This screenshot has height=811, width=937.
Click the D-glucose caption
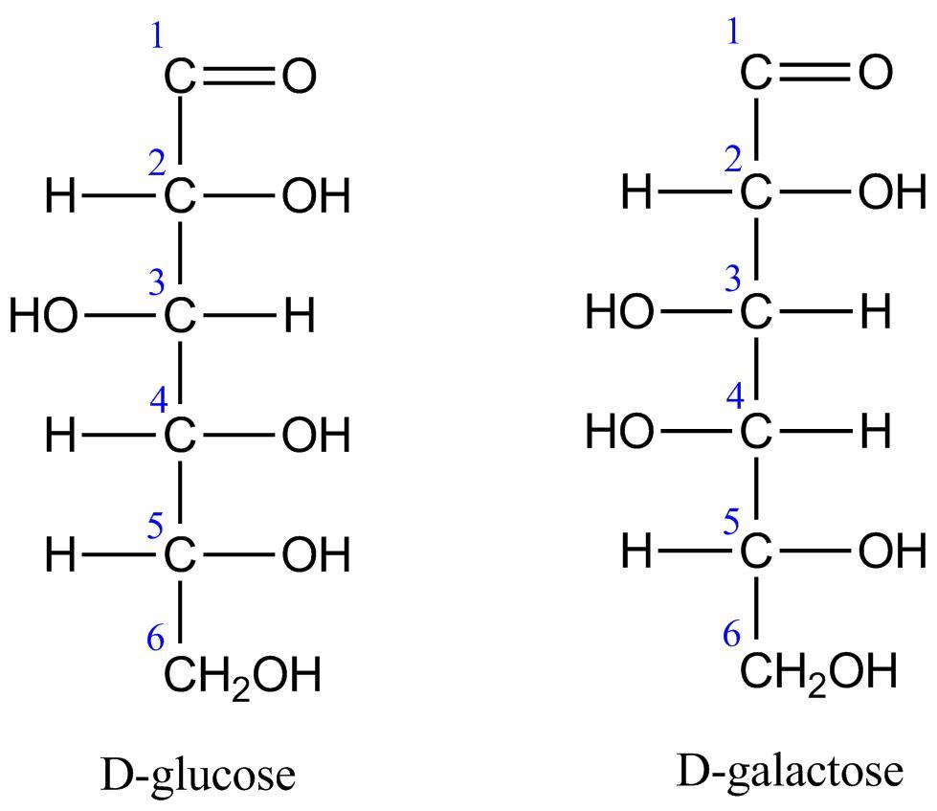coord(198,775)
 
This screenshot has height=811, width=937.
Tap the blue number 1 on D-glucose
coord(158,36)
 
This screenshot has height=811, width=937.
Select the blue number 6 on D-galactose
coord(732,634)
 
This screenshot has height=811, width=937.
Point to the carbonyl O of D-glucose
coord(299,78)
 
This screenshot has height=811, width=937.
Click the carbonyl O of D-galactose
coord(875,73)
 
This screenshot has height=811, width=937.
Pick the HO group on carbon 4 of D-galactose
coord(619,433)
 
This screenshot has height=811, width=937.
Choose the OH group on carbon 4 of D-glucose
coord(316,437)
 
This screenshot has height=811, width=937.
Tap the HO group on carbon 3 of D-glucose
coord(44,316)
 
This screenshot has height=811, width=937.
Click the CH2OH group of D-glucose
coord(240,676)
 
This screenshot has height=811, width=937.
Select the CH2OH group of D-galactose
coord(818,671)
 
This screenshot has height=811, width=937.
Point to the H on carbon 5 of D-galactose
coord(636,552)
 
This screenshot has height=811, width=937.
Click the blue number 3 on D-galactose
coord(732,280)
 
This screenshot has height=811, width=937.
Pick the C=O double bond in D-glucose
coord(238,78)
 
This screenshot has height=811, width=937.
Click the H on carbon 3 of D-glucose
coord(300,316)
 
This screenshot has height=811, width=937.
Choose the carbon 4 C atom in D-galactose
coord(755,433)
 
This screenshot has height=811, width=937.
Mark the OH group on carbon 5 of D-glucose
coord(316,555)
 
